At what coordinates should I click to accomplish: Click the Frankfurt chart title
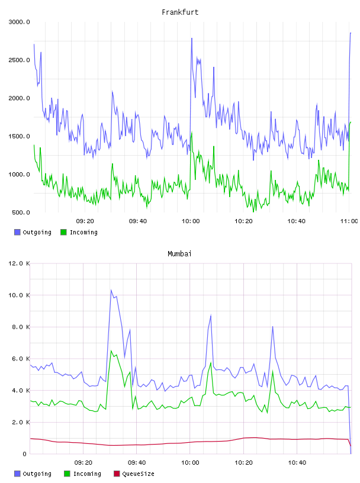[180, 12]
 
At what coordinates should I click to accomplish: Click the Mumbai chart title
[179, 254]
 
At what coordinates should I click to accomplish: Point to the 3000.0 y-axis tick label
[19, 22]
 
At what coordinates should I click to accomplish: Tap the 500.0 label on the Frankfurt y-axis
[21, 212]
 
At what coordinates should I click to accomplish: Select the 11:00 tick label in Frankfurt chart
[349, 221]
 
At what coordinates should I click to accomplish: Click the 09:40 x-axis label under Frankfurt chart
[138, 221]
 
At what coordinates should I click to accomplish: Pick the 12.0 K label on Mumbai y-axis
[19, 263]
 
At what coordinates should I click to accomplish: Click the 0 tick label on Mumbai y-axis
[24, 454]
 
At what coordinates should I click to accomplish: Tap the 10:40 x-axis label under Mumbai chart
[297, 463]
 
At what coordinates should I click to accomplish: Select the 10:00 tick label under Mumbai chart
[190, 463]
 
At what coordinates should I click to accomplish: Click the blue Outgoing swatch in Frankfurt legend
[17, 232]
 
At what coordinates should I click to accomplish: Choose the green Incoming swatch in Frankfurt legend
[63, 232]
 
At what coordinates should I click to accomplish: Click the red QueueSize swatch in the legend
[117, 474]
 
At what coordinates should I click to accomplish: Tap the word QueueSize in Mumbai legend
[138, 474]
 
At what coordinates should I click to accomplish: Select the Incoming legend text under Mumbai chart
[87, 474]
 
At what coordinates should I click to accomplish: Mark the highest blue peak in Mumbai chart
[111, 290]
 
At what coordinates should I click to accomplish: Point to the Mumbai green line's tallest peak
[111, 350]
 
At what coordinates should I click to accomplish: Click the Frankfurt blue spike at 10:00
[192, 38]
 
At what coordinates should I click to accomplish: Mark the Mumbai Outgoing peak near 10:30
[272, 327]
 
